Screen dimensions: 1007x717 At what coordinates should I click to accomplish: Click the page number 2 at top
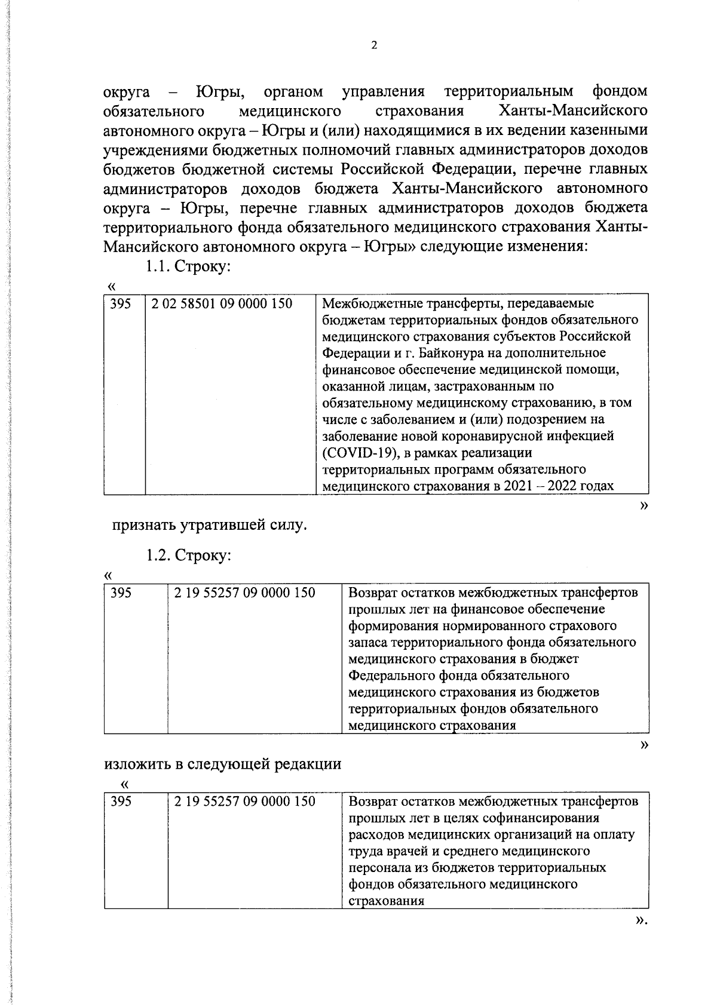point(374,46)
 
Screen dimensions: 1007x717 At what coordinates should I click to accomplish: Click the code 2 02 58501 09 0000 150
point(222,303)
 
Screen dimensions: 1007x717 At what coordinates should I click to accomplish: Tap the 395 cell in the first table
point(121,303)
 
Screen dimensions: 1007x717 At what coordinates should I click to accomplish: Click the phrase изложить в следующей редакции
point(223,764)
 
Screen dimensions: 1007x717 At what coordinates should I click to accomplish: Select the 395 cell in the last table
point(121,801)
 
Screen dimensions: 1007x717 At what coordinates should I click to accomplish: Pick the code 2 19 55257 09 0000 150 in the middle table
point(244,593)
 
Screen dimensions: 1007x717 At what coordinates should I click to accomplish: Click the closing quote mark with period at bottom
point(641,938)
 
